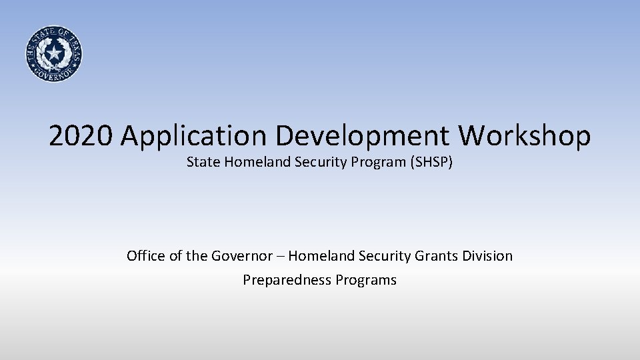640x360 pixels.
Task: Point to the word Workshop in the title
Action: [524, 137]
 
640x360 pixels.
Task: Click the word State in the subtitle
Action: [201, 161]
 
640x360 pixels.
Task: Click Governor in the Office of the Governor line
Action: [240, 255]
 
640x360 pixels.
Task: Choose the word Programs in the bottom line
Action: [366, 280]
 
